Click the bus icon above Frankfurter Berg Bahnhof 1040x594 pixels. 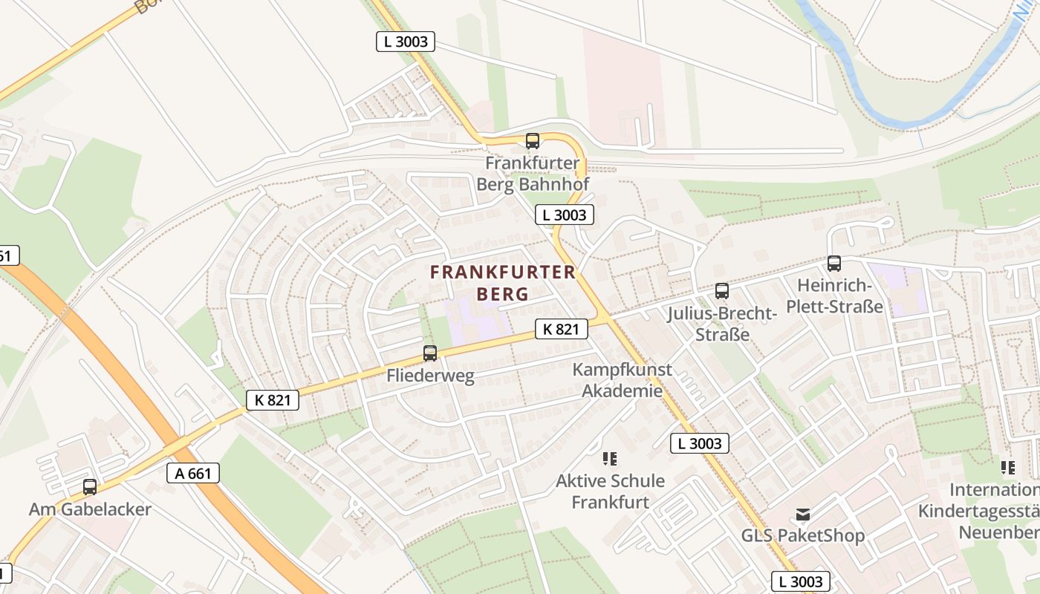point(533,141)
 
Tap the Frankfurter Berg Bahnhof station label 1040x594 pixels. point(533,174)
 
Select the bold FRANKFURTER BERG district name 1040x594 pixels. point(503,283)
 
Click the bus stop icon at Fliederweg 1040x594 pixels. point(430,353)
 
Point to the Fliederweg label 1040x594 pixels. point(430,376)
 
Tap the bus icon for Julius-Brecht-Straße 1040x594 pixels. point(722,291)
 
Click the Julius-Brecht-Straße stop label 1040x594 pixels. point(722,324)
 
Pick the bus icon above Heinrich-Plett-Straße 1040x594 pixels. point(834,264)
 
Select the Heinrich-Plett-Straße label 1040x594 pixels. point(840,296)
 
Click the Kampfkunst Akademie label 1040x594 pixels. point(622,380)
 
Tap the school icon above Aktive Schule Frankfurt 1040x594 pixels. point(611,459)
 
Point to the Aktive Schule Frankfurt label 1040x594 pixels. point(610,492)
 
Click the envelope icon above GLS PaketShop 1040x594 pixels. point(803,514)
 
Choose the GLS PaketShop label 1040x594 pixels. point(803,535)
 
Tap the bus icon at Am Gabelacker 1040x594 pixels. point(90,487)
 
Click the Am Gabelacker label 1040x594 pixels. point(90,509)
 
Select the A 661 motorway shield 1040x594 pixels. point(193,473)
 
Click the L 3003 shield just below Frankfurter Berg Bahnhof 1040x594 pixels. point(565,215)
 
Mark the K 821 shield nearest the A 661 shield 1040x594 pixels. point(273,400)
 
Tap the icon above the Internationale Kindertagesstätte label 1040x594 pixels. point(1008,468)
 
